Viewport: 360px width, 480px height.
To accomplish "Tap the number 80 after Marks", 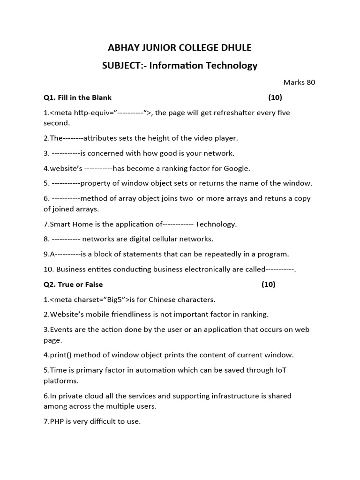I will click(311, 82).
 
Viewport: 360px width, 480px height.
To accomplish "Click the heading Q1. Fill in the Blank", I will click(77, 97).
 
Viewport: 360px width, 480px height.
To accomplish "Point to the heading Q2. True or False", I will click(73, 284).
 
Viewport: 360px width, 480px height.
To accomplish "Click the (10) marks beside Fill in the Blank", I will click(275, 97).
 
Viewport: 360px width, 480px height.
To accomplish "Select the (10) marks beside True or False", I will click(269, 284).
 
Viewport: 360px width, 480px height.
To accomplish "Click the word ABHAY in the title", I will click(123, 47).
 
